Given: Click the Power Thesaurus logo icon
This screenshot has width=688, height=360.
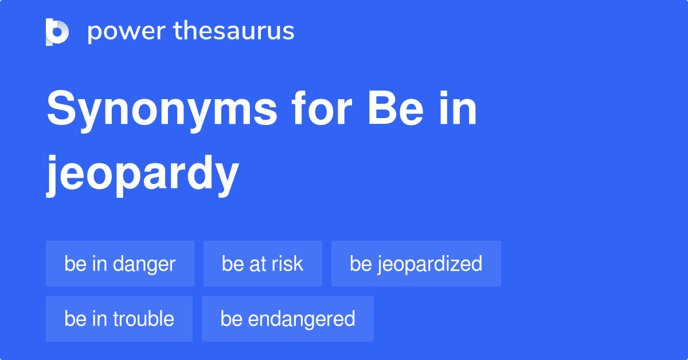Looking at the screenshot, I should [x=57, y=32].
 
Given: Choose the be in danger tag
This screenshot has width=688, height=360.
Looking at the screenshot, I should [x=120, y=264].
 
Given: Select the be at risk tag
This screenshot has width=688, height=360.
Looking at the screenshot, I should [x=263, y=264].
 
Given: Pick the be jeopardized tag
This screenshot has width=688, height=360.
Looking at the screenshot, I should [x=416, y=264].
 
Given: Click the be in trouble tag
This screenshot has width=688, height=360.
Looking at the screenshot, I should [x=119, y=319].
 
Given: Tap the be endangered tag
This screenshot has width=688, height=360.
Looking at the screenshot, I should [x=288, y=319].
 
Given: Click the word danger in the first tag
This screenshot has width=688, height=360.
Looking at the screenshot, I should [x=144, y=264].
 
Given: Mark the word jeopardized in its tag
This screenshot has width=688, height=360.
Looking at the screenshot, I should [x=429, y=264].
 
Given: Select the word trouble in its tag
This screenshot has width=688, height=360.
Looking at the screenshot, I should [x=143, y=319].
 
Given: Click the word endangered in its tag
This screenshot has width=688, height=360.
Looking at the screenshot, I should [x=302, y=319].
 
